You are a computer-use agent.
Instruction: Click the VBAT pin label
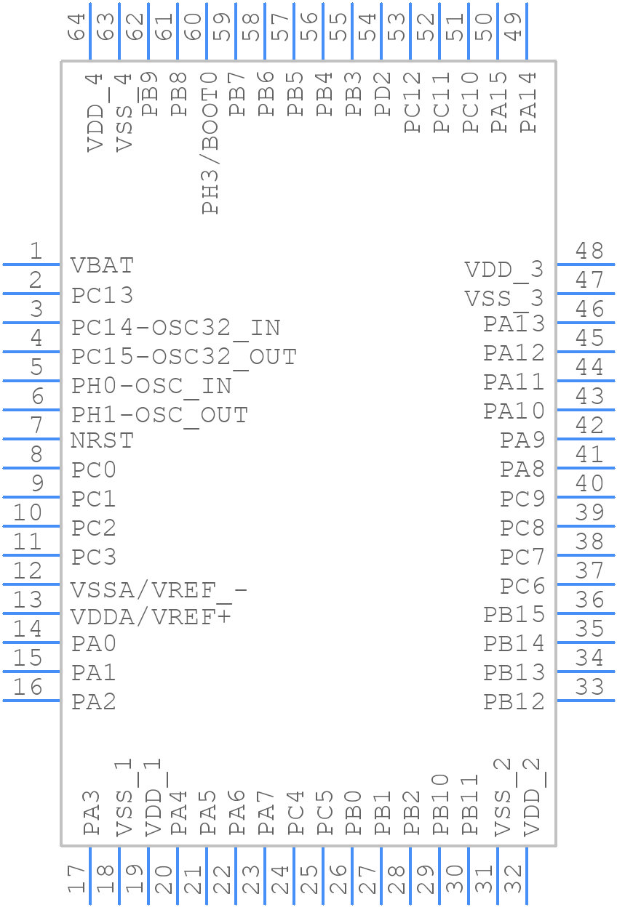(x=102, y=265)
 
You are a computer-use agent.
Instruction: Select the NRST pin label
(x=102, y=440)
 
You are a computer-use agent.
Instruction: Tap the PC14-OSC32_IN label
(x=175, y=328)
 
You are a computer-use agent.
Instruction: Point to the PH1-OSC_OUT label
(x=159, y=415)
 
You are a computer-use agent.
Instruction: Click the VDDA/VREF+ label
(x=151, y=617)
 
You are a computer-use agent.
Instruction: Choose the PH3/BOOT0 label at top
(x=210, y=142)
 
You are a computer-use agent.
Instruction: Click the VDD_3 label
(x=504, y=270)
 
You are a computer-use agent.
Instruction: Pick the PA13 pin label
(x=514, y=324)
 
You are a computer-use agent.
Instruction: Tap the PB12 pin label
(x=514, y=702)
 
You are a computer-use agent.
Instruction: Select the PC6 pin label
(x=522, y=586)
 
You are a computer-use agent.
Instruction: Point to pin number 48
(x=589, y=251)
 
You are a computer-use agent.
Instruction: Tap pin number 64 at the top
(x=76, y=28)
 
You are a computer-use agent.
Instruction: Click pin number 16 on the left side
(x=28, y=688)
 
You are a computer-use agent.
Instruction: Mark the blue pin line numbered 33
(x=586, y=701)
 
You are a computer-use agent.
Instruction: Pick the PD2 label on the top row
(x=383, y=94)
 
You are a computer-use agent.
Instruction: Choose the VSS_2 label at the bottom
(x=502, y=797)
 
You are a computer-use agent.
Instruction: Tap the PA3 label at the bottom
(x=92, y=813)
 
